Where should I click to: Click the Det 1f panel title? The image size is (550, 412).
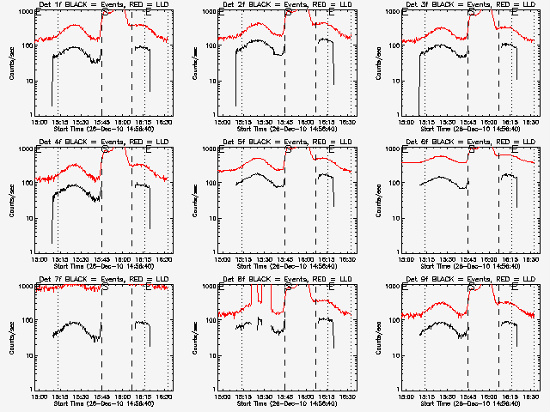point(100,5)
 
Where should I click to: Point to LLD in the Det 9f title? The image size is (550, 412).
point(529,280)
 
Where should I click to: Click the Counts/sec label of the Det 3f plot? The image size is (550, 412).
point(378,63)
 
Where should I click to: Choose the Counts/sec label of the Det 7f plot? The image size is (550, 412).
point(11,337)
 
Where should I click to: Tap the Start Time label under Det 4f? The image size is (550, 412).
point(102,265)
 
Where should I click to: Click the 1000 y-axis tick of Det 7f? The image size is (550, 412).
point(25,287)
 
